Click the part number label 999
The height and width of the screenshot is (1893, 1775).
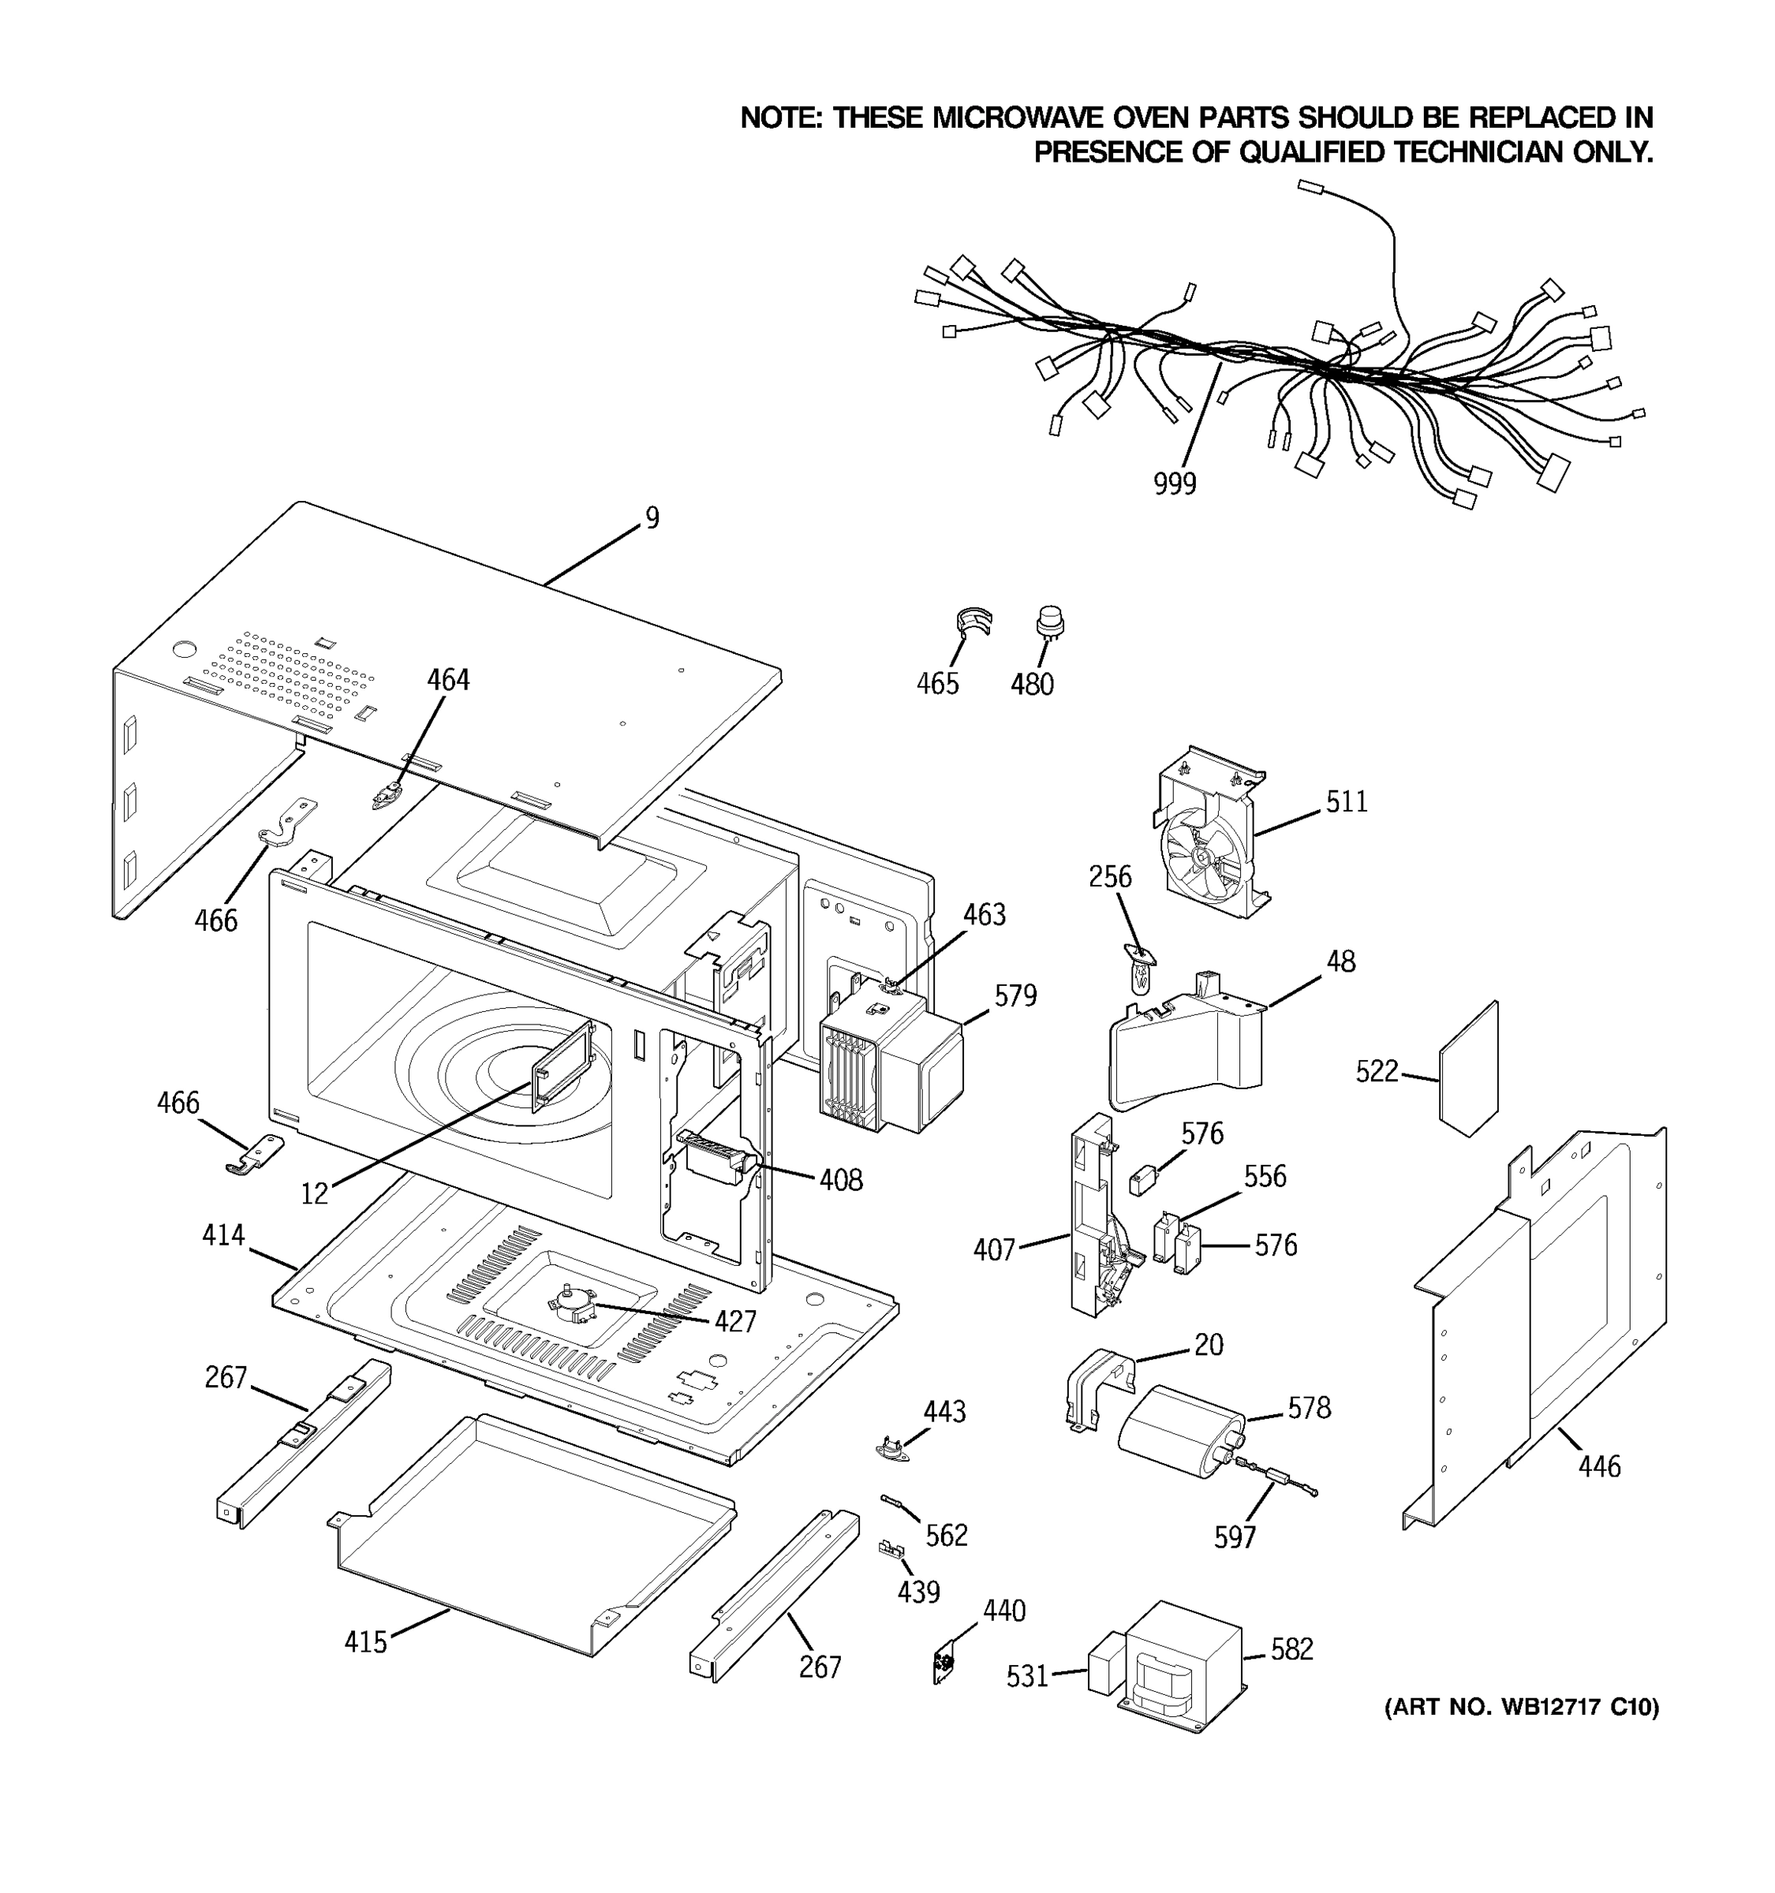pos(1174,484)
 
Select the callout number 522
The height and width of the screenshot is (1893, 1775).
pos(1376,1071)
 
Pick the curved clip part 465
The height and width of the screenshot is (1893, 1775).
pos(972,621)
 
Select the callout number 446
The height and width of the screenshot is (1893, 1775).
pos(1599,1465)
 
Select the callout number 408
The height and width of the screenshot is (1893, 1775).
pos(841,1180)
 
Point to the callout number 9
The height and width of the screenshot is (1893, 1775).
pos(652,518)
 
